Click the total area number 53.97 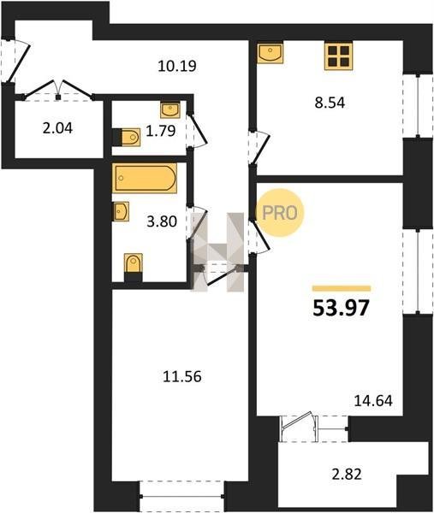coord(342,308)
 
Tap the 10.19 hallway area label coord(177,66)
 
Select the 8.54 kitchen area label coord(330,103)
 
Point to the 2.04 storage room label coord(57,128)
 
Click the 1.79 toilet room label coord(161,131)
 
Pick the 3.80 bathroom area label coord(162,221)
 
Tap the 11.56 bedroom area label coord(182,376)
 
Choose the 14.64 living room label coord(373,400)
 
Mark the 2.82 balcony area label coord(347,474)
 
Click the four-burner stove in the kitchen coord(339,56)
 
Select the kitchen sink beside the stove coord(271,53)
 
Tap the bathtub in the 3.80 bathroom coord(145,178)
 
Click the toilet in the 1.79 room coord(127,137)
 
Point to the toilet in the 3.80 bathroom coord(134,267)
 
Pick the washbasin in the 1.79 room coord(170,109)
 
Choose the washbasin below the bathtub coord(121,211)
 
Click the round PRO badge coord(280,213)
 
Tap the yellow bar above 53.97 coord(342,288)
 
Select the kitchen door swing coord(262,146)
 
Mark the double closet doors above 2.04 coord(58,89)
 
